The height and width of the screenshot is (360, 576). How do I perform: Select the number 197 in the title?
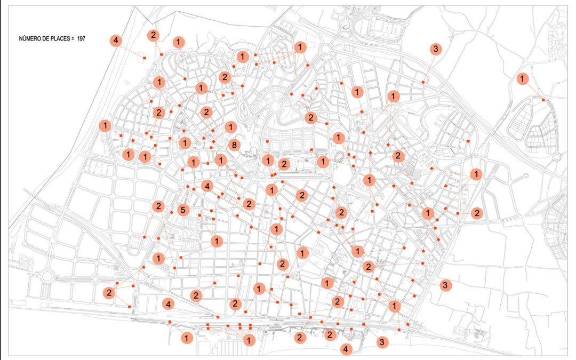coord(81,39)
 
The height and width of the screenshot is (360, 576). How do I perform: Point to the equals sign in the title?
coord(72,39)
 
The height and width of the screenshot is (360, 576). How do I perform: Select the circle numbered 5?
coord(183,210)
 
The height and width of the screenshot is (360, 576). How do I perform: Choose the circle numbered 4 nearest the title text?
coord(116,41)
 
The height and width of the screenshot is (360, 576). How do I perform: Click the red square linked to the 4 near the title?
coord(144,58)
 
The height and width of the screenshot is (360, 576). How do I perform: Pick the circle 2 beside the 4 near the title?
coord(153,35)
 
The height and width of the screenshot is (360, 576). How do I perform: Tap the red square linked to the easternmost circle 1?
coord(543,100)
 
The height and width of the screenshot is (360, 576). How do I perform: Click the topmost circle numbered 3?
coord(435,50)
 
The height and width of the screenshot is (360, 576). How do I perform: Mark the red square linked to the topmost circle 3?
coord(423,82)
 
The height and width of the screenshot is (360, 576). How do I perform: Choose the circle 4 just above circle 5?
coord(207,186)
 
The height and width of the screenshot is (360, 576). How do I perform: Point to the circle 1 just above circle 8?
coord(230,127)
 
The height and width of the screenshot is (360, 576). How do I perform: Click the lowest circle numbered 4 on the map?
coord(347,349)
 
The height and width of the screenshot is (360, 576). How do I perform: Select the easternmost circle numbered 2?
coord(477,213)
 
